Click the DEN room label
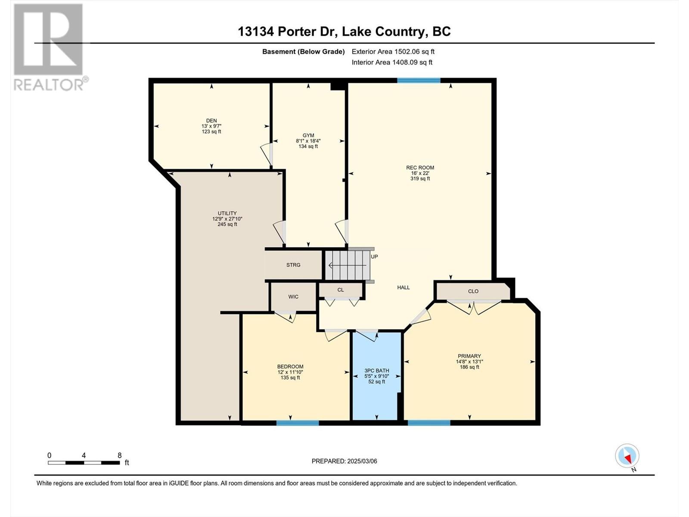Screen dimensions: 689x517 pos(211,121)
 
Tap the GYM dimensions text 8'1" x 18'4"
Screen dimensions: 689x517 pos(308,141)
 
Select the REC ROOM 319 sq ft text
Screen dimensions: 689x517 pos(420,178)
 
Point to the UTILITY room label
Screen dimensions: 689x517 pos(227,213)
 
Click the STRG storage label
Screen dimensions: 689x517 pos(293,265)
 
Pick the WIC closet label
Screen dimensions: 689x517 pos(293,297)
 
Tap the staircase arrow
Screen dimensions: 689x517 pos(347,265)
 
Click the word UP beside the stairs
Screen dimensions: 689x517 pos(374,256)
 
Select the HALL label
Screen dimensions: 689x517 pos(403,287)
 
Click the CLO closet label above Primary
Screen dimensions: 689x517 pos(473,291)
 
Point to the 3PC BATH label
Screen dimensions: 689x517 pos(377,371)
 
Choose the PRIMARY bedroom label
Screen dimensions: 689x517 pos(469,356)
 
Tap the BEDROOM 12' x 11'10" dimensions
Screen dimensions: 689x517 pos(290,372)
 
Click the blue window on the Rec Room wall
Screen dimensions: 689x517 pos(419,81)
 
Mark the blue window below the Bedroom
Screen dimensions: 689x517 pos(298,423)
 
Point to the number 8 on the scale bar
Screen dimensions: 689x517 pos(120,455)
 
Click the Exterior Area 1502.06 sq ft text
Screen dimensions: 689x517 pos(393,51)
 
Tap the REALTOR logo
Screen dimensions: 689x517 pos(50,47)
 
